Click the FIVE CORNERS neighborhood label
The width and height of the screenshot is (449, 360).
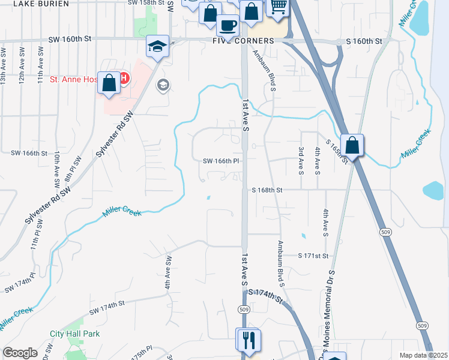[243, 41]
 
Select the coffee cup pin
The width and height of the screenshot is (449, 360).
[228, 25]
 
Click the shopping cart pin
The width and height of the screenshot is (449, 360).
[278, 7]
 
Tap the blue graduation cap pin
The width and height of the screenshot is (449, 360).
[157, 46]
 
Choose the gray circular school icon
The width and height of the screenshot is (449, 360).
[162, 86]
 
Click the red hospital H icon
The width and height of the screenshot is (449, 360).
[124, 78]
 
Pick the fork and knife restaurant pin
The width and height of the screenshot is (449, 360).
[249, 340]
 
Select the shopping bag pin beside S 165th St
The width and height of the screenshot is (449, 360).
[353, 145]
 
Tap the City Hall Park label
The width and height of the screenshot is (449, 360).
[75, 334]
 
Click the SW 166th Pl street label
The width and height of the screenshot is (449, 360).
[221, 161]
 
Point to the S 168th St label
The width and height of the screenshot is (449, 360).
[267, 190]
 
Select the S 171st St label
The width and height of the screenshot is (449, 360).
[314, 256]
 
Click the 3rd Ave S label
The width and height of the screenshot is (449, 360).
[301, 159]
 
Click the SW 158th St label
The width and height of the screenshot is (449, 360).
[146, 2]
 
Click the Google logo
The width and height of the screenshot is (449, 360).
[20, 353]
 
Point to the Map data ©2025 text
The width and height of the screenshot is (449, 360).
[423, 355]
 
